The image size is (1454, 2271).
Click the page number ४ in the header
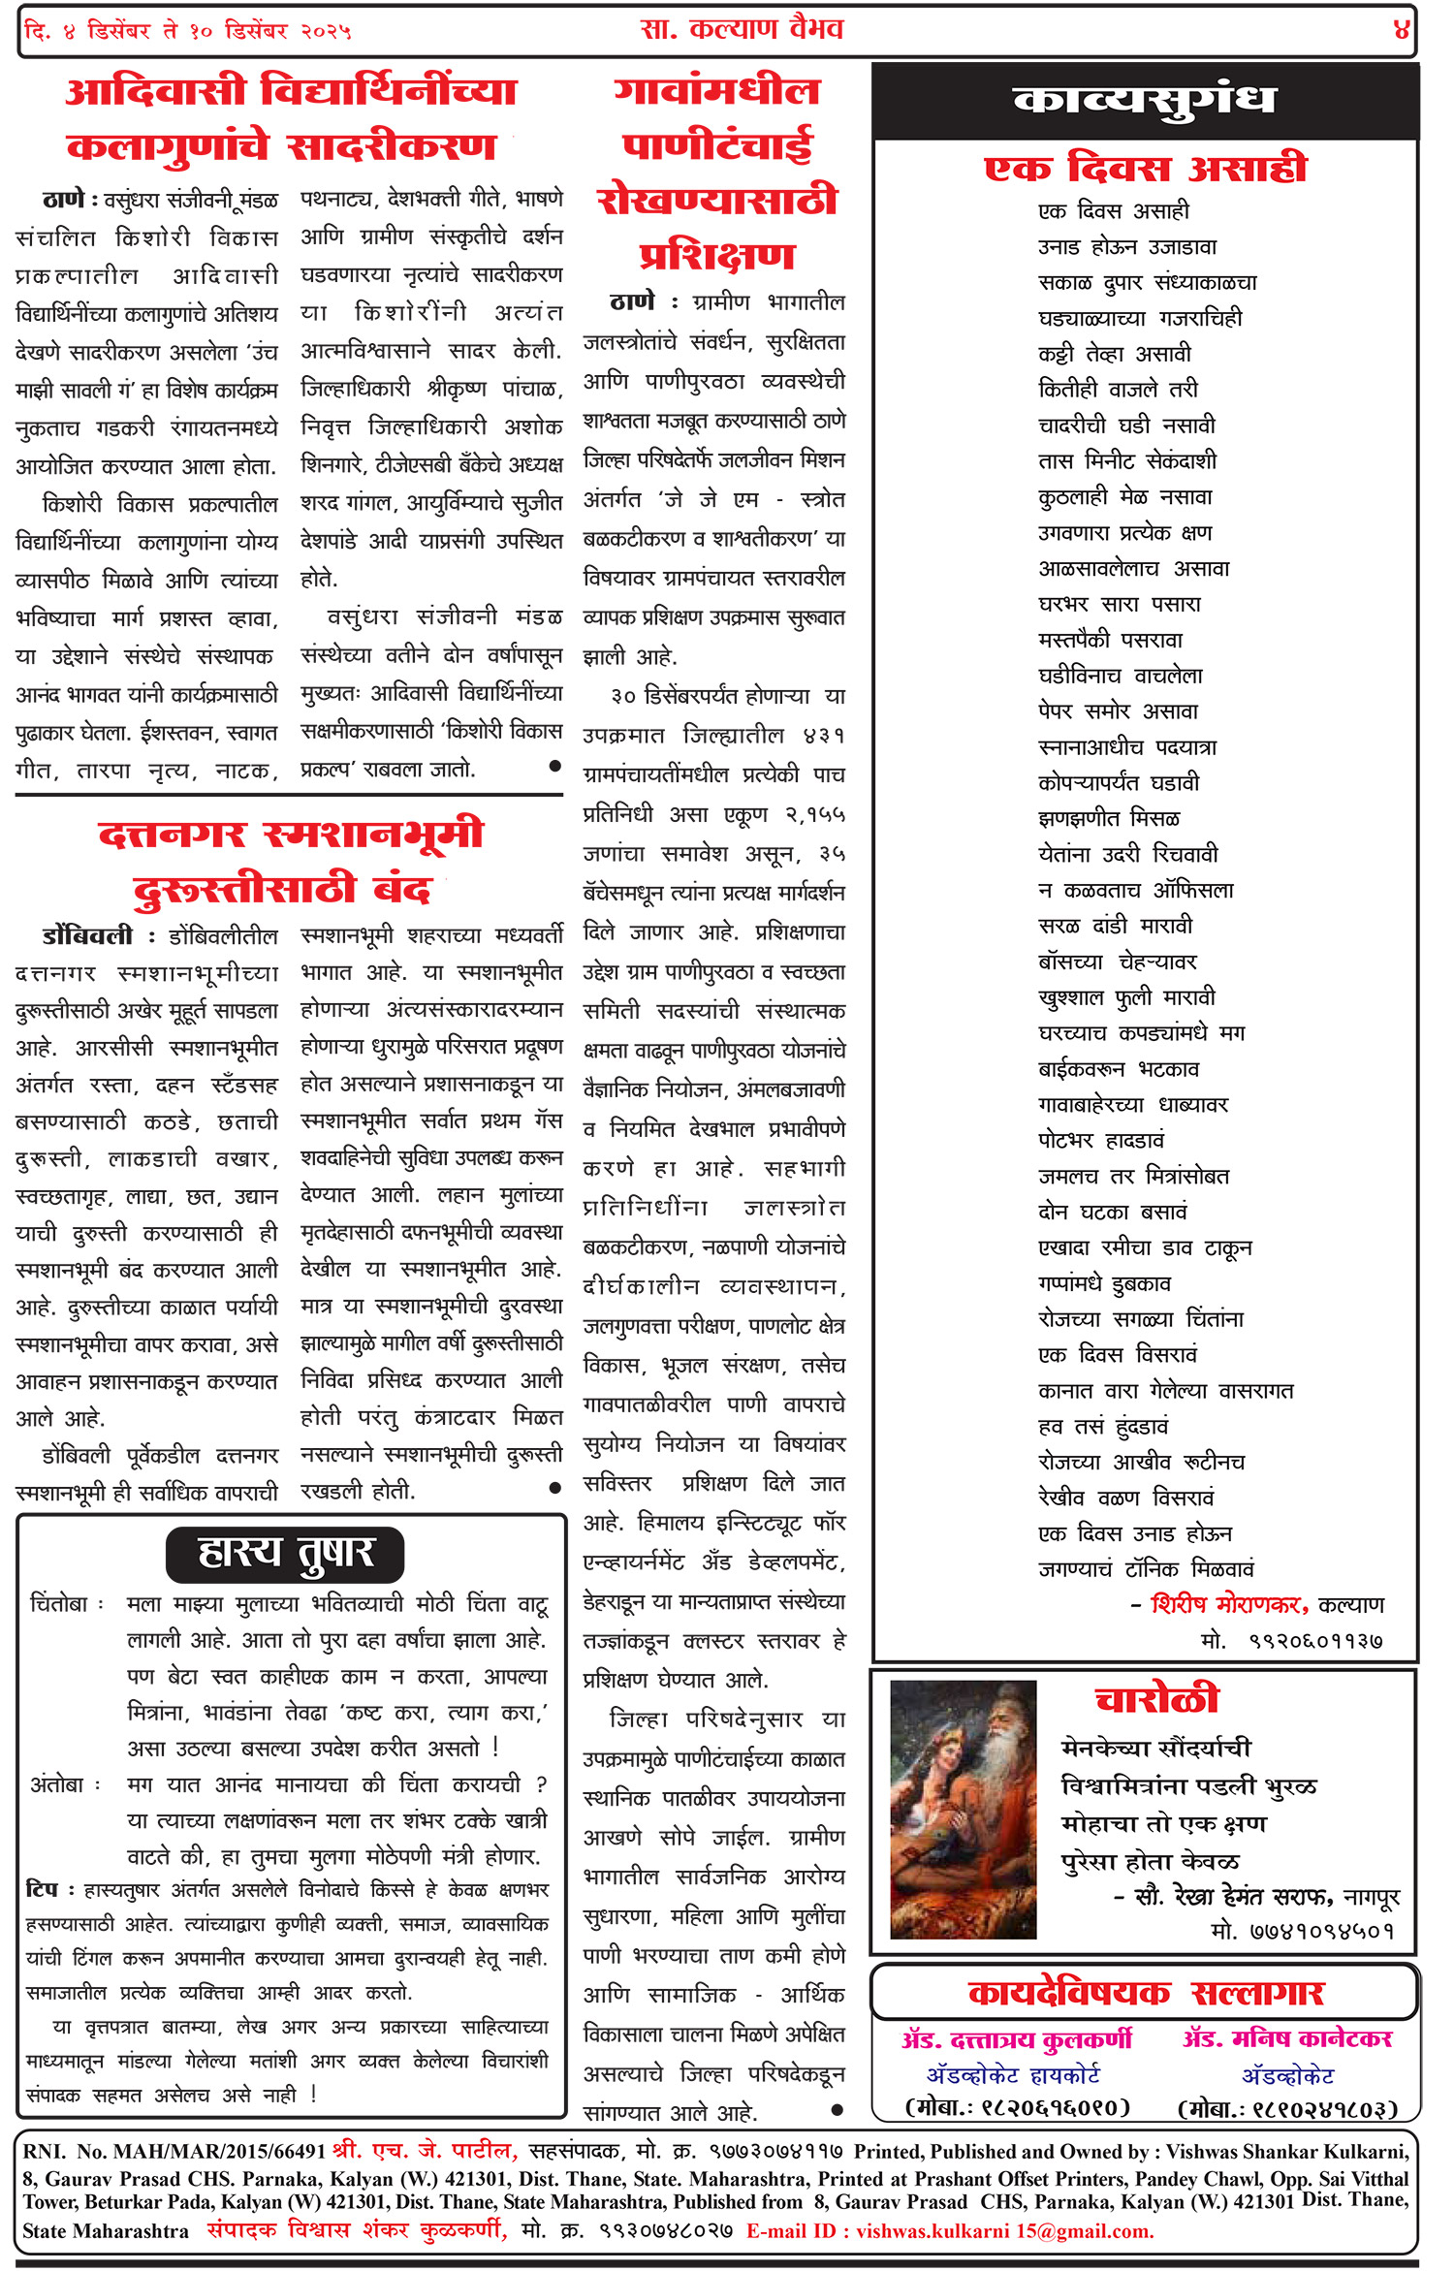1401,30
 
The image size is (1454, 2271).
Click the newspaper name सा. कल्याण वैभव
742,29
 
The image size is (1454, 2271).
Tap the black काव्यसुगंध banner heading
1144,102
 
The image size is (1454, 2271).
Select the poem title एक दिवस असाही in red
1145,169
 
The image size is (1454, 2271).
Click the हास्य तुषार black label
285,1553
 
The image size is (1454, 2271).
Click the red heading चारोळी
1156,1699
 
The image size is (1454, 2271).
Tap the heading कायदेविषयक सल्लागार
1145,1993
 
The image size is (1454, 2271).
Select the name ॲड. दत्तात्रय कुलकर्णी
1016,2039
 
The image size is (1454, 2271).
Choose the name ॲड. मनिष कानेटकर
1287,2039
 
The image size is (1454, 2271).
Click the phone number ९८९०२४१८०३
1287,2109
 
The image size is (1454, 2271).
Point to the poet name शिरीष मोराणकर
1228,1605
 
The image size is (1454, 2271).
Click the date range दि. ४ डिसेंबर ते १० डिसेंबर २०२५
188,31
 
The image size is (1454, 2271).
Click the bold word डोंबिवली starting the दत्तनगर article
87,936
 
